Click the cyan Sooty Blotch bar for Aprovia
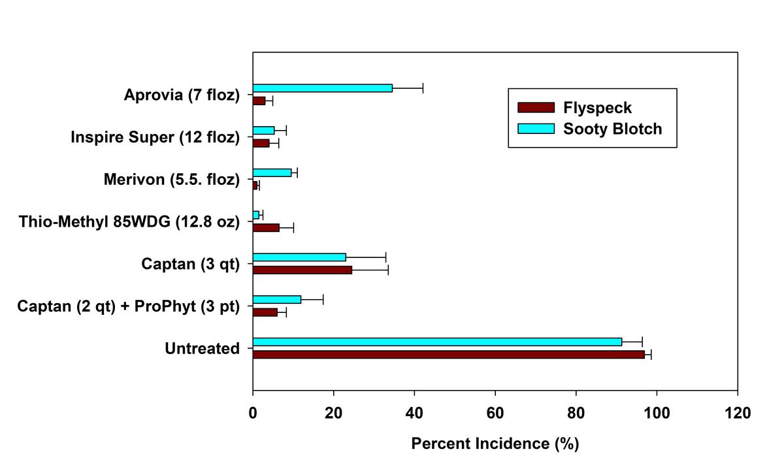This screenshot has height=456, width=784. (x=323, y=88)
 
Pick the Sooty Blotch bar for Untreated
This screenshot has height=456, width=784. (x=437, y=342)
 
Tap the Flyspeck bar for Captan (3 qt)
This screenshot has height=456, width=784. (x=302, y=270)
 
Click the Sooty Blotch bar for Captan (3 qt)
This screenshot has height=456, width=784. (x=299, y=257)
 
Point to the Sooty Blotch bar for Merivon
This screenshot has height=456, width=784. (x=272, y=172)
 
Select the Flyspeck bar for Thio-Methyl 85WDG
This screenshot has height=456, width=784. (x=266, y=227)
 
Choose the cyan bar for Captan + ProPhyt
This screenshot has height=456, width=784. (x=277, y=299)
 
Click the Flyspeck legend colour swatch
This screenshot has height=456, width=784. (x=535, y=108)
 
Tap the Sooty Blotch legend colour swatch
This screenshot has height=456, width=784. (x=535, y=128)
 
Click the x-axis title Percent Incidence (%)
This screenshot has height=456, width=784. (x=495, y=444)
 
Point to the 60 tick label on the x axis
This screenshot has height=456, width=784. (x=495, y=413)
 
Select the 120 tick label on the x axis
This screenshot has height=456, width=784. (x=737, y=413)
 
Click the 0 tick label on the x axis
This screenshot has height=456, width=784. (x=253, y=413)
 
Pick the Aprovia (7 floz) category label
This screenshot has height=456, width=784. (x=182, y=95)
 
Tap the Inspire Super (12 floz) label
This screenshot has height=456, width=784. (x=155, y=138)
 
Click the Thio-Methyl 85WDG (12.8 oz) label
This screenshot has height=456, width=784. (x=129, y=222)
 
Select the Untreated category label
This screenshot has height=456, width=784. (x=202, y=349)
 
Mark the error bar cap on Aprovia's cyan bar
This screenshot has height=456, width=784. (x=423, y=88)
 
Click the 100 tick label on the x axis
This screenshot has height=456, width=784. (x=656, y=413)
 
